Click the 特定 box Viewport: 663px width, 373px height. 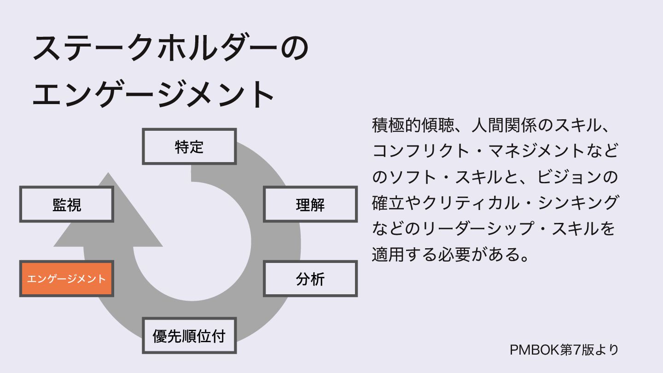pyautogui.click(x=189, y=146)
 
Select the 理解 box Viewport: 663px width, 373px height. pyautogui.click(x=310, y=204)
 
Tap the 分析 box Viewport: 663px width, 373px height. pyautogui.click(x=310, y=279)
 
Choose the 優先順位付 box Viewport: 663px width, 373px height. pyautogui.click(x=189, y=336)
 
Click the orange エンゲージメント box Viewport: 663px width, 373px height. pyautogui.click(x=66, y=279)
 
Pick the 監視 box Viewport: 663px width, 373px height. pyautogui.click(x=67, y=204)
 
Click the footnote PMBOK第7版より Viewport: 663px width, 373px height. pyautogui.click(x=564, y=350)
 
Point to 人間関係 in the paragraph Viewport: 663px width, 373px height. pyautogui.click(x=504, y=125)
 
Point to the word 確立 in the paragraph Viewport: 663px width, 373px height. pyautogui.click(x=388, y=203)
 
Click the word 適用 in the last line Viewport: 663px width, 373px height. pyautogui.click(x=388, y=254)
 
